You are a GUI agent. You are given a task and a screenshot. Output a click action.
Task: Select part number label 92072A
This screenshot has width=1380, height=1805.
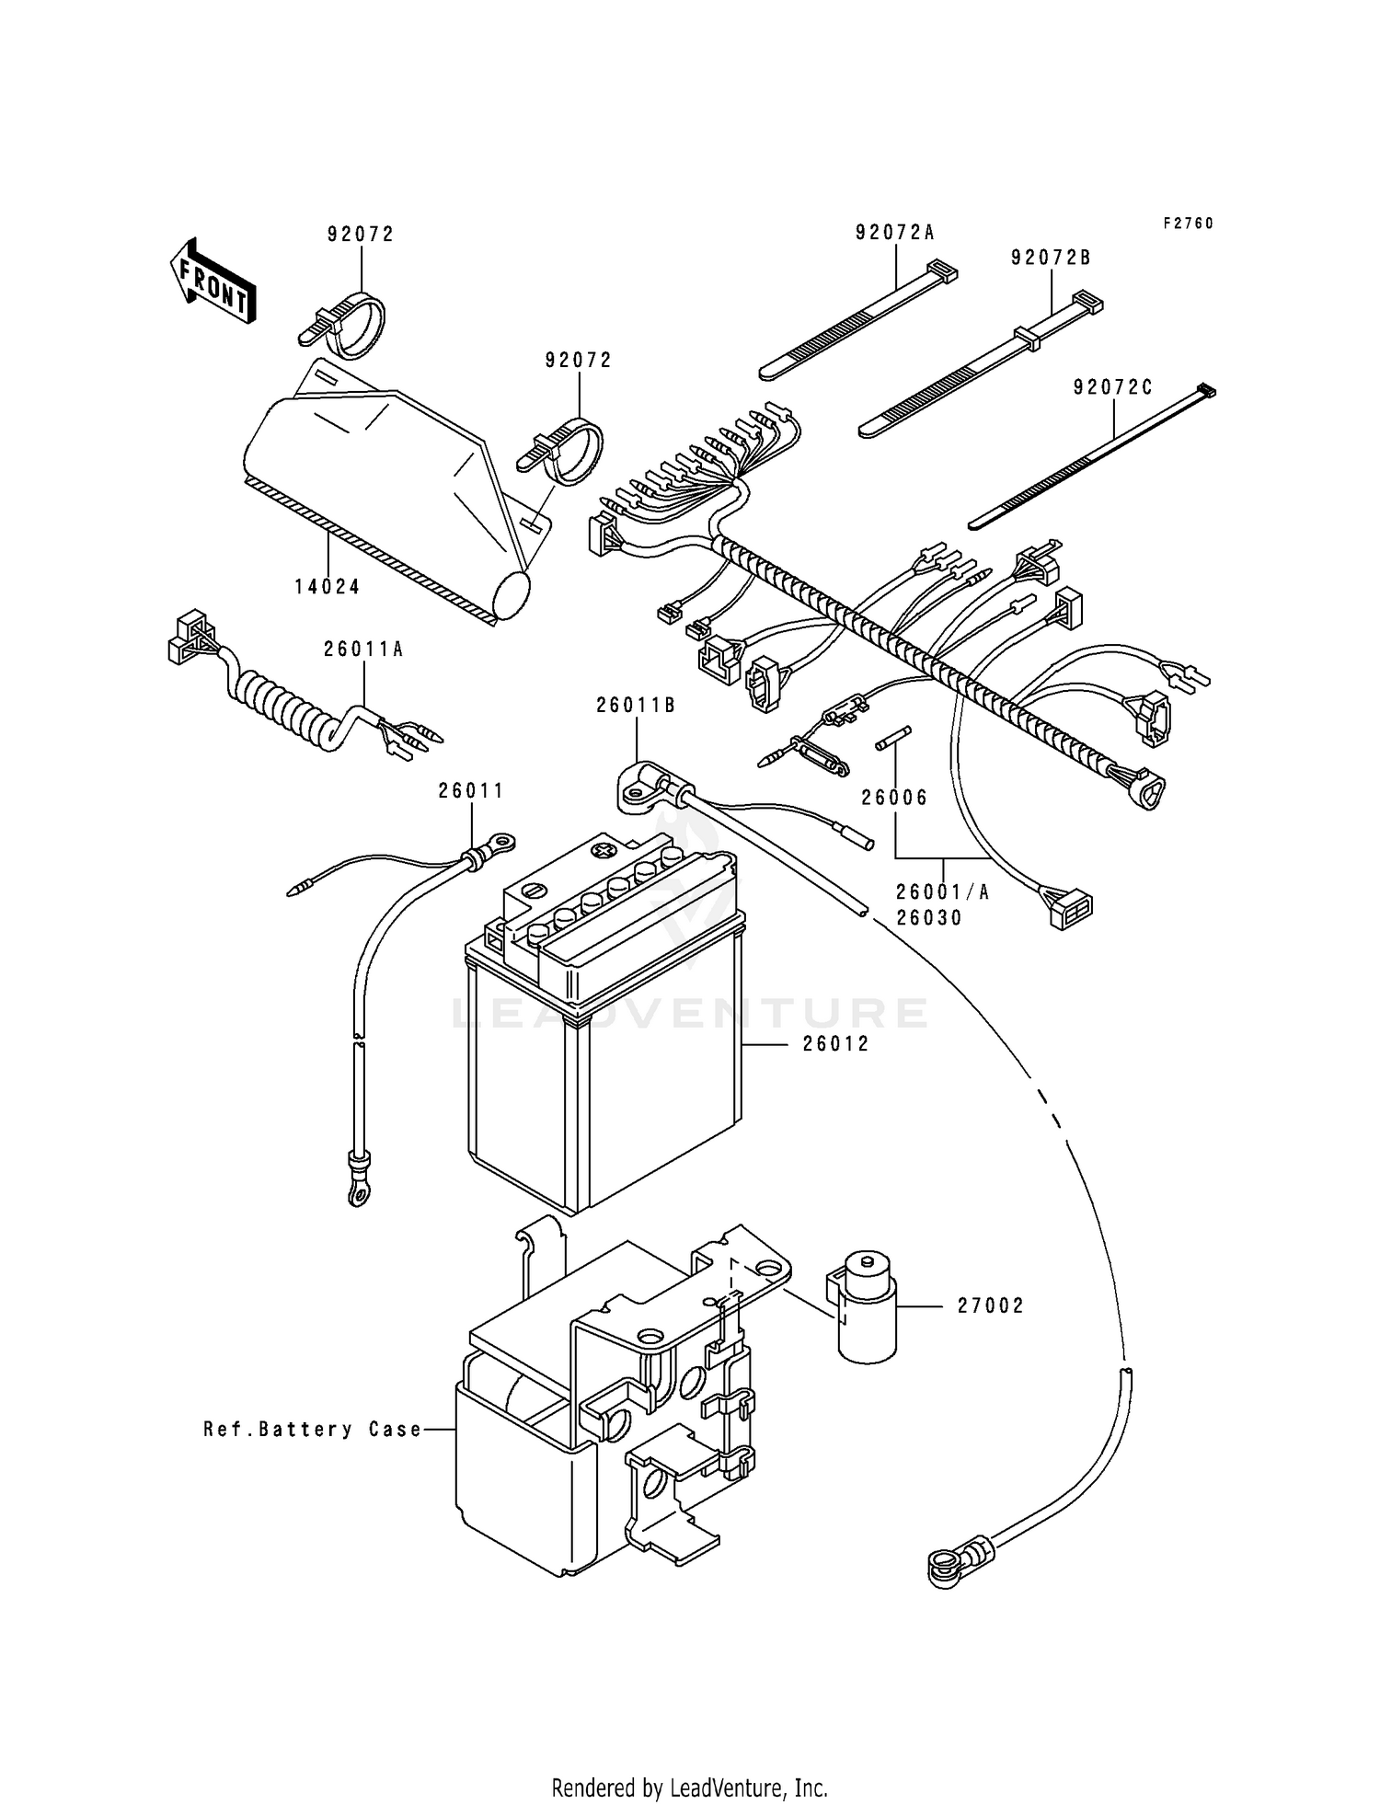894,234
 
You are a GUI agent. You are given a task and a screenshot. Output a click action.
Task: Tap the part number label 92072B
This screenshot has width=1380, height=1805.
1051,259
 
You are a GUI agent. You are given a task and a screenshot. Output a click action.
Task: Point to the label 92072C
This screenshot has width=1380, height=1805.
1112,388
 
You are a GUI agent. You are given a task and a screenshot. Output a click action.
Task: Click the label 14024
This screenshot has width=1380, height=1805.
328,587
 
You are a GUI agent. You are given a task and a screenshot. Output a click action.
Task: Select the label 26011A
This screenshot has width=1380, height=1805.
363,650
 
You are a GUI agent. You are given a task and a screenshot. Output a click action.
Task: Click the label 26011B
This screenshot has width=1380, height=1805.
636,706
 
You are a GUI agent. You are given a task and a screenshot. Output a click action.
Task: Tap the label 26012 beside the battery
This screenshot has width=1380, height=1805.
835,1044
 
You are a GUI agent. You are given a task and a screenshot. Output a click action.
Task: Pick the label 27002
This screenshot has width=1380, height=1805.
990,1305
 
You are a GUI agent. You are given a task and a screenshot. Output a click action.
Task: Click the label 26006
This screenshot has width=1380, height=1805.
894,798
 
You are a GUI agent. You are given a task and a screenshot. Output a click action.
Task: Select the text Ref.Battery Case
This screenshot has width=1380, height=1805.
313,1430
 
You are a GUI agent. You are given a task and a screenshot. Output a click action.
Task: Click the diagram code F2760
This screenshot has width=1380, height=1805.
1188,224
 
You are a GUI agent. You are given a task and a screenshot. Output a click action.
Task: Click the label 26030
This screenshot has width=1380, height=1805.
930,918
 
